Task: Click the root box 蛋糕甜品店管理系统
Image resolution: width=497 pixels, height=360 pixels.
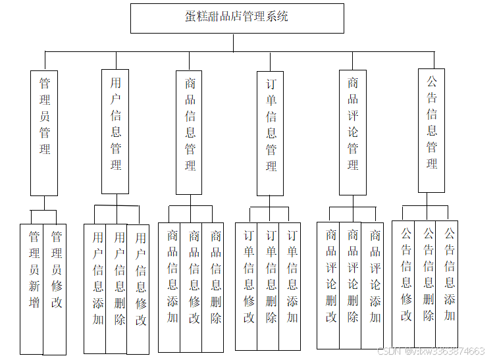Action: [x=237, y=18]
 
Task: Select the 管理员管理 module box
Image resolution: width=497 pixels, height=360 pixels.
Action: [x=44, y=132]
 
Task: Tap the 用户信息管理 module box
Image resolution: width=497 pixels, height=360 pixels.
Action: [x=115, y=130]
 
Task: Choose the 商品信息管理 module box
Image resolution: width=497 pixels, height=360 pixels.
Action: [x=190, y=132]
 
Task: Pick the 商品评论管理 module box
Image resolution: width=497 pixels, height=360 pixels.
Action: [x=353, y=132]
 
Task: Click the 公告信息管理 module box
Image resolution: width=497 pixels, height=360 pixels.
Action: [x=432, y=130]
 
